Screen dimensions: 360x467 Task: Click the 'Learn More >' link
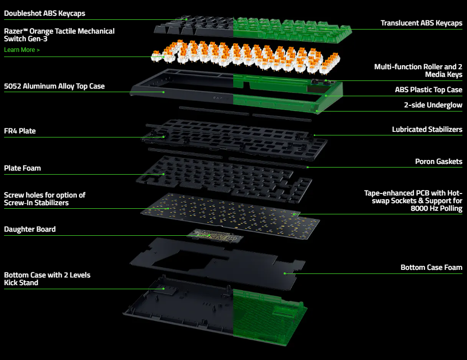pyautogui.click(x=21, y=50)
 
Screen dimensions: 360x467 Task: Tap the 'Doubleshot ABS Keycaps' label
pyautogui.click(x=44, y=13)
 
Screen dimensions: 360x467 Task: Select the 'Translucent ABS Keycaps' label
pyautogui.click(x=421, y=23)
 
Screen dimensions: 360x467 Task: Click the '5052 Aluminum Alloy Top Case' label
pyautogui.click(x=54, y=86)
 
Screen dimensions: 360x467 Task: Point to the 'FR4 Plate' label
pyautogui.click(x=20, y=131)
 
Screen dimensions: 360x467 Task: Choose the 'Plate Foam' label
pyautogui.click(x=22, y=168)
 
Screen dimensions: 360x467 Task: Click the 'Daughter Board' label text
pyautogui.click(x=30, y=229)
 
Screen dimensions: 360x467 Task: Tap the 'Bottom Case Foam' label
pyautogui.click(x=431, y=267)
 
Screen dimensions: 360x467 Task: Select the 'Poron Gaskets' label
pyautogui.click(x=438, y=161)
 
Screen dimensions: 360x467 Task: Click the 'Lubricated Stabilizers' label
pyautogui.click(x=427, y=129)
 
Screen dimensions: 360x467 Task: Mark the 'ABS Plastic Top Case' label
pyautogui.click(x=428, y=90)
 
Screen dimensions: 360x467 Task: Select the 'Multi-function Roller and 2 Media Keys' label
pyautogui.click(x=418, y=71)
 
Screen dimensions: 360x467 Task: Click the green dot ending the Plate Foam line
pyautogui.click(x=163, y=174)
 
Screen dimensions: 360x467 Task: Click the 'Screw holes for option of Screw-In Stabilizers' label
pyautogui.click(x=45, y=199)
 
